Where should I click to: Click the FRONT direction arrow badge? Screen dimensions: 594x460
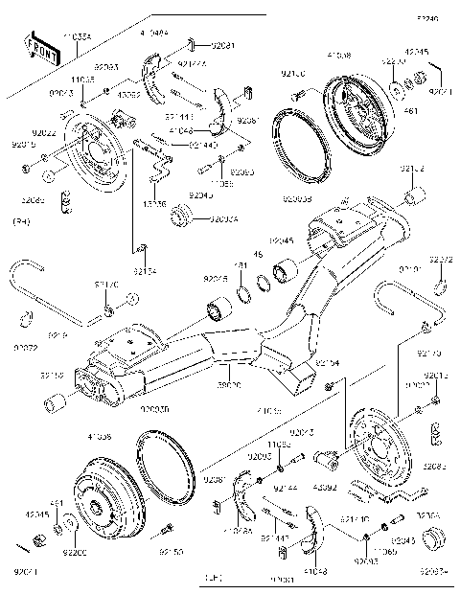(40, 51)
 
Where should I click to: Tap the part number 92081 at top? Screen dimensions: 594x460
(222, 45)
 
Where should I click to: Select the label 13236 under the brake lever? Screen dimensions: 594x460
(154, 204)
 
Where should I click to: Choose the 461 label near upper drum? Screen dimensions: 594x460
(411, 111)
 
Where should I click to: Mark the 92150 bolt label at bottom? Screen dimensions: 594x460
(171, 553)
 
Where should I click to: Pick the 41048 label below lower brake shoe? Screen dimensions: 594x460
(314, 571)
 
